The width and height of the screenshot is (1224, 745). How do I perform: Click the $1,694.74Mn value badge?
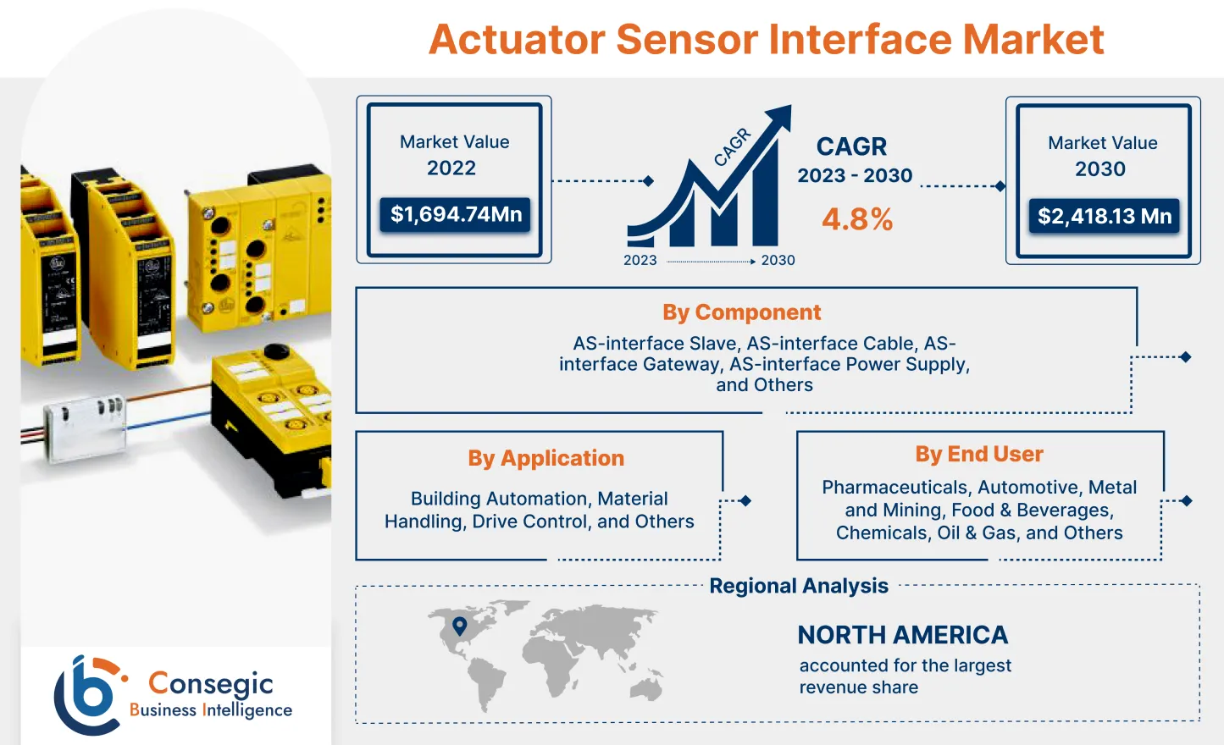pyautogui.click(x=456, y=214)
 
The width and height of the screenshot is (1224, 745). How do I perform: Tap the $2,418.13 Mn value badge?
pyautogui.click(x=1104, y=217)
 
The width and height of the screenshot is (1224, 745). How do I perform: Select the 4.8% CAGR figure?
pyautogui.click(x=856, y=219)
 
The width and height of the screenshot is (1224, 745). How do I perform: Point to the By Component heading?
pyautogui.click(x=741, y=312)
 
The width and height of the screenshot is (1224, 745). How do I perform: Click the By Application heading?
pyautogui.click(x=546, y=458)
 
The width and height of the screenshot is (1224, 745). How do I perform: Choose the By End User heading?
pyautogui.click(x=978, y=455)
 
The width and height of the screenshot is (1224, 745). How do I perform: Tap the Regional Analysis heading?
pyautogui.click(x=798, y=586)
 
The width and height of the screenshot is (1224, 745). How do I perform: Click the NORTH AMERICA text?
pyautogui.click(x=902, y=635)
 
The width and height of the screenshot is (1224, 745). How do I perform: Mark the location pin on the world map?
pyautogui.click(x=460, y=626)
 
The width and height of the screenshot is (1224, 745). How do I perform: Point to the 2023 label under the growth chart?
pyautogui.click(x=640, y=261)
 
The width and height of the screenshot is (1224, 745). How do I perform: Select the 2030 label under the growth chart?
pyautogui.click(x=778, y=261)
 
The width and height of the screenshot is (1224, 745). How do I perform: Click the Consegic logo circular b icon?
pyautogui.click(x=89, y=694)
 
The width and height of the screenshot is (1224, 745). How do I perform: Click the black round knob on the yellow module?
pyautogui.click(x=277, y=350)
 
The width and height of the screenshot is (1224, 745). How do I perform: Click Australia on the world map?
pyautogui.click(x=645, y=687)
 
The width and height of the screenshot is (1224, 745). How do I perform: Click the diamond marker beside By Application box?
pyautogui.click(x=745, y=501)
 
